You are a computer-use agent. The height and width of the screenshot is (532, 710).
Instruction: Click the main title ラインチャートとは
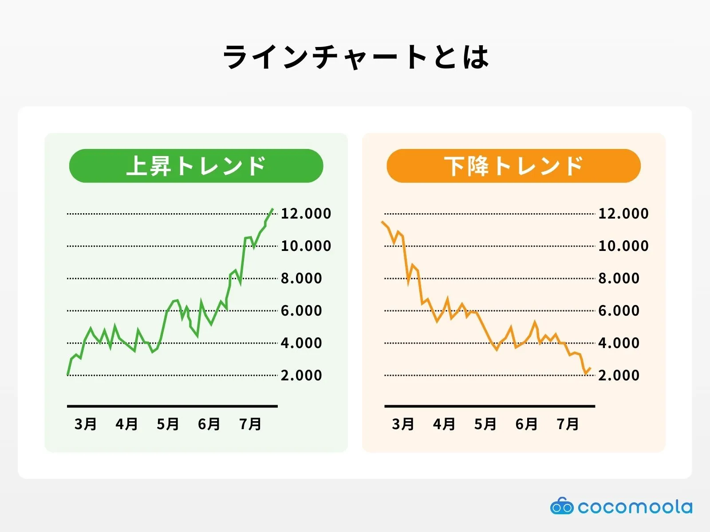[355, 57]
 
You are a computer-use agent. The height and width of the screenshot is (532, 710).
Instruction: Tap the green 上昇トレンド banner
[196, 166]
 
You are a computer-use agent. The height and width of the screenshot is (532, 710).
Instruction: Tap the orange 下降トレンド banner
[513, 166]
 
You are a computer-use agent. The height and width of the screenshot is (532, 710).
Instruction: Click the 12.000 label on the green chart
[306, 214]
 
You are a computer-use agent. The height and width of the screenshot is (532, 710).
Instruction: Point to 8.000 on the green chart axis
[301, 278]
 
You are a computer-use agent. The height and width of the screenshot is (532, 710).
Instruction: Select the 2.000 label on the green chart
[301, 376]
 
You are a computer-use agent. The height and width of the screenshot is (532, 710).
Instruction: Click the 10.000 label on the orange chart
[623, 246]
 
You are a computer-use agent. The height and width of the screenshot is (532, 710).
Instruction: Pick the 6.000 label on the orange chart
[619, 311]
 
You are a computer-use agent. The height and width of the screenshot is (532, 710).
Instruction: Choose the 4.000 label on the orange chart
[619, 343]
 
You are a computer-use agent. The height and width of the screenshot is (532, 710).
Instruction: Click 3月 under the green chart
[85, 424]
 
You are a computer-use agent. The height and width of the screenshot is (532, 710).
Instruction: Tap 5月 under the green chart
[168, 424]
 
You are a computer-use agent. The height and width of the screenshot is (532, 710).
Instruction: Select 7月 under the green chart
[250, 424]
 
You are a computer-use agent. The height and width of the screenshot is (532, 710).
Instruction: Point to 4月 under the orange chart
[444, 424]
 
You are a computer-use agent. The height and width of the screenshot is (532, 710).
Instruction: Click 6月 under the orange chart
[526, 424]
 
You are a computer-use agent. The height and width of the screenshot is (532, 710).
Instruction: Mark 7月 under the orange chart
[568, 424]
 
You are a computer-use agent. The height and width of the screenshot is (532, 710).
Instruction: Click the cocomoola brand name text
[635, 507]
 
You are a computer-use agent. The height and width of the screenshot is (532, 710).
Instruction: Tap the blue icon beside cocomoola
[562, 506]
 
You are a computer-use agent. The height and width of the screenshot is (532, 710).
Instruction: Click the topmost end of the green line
[272, 209]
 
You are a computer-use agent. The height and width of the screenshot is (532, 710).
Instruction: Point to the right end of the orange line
[590, 368]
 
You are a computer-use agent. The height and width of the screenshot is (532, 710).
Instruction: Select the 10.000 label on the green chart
[306, 246]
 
